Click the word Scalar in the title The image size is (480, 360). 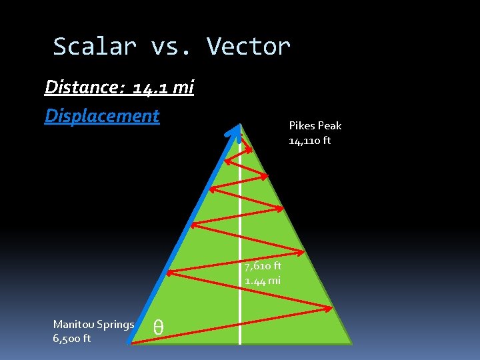pos(95,47)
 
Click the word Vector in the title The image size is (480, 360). pos(249,47)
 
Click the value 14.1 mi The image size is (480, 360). pos(163,88)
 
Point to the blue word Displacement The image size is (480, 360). pos(102,115)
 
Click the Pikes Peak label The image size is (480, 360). pos(315,125)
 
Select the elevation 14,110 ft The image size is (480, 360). pos(309,141)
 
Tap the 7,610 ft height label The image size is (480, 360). pos(263,266)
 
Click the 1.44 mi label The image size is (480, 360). pos(263,281)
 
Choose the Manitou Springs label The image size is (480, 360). pos(93,325)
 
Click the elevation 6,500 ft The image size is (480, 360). pos(72,339)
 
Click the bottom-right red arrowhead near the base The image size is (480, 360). pos(329,309)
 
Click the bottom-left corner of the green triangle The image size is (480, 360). pos(129,343)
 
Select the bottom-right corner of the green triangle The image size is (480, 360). pos(351,343)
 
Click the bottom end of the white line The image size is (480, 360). pos(240,343)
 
